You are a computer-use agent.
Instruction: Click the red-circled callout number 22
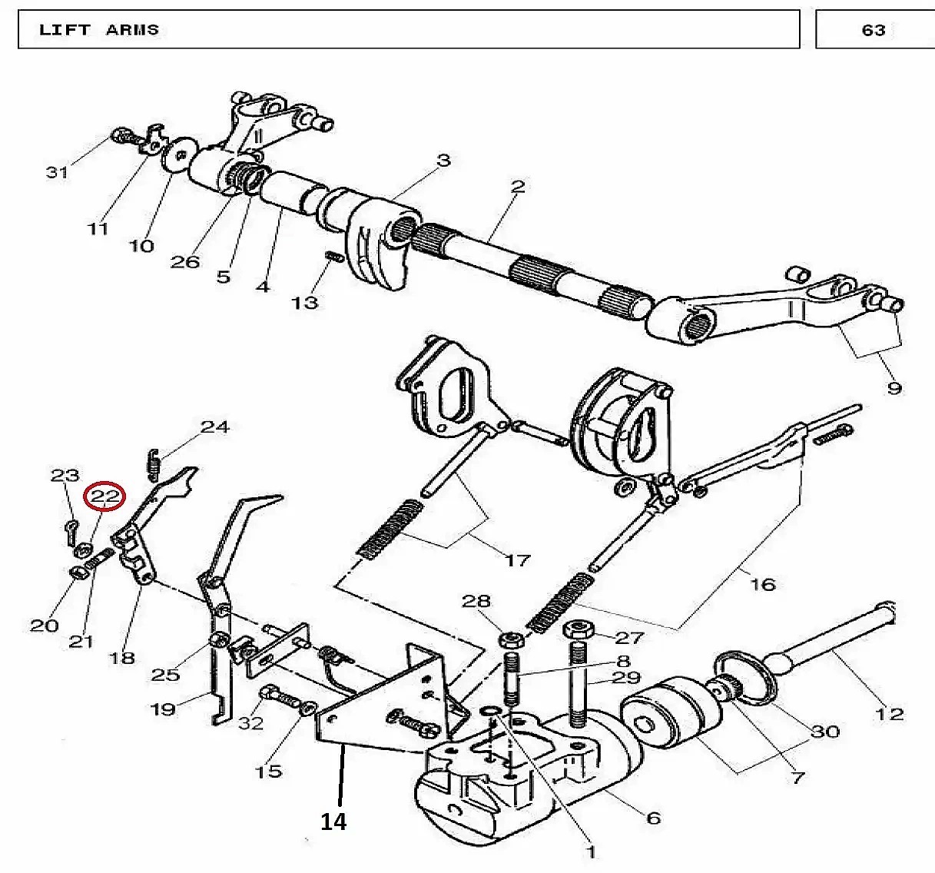[104, 496]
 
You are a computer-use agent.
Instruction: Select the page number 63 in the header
[874, 30]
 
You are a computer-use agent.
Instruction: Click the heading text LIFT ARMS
[99, 30]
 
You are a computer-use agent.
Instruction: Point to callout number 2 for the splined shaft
[517, 187]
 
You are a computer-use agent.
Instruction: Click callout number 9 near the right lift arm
[894, 388]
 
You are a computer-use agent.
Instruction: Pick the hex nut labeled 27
[578, 630]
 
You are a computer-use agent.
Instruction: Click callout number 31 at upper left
[57, 172]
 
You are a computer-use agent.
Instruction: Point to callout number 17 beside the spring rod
[518, 560]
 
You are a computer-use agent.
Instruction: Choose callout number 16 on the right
[762, 585]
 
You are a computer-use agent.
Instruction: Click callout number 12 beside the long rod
[890, 715]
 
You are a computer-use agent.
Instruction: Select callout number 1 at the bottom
[590, 851]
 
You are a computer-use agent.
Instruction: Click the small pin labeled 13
[333, 258]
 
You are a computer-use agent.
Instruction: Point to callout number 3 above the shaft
[443, 160]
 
